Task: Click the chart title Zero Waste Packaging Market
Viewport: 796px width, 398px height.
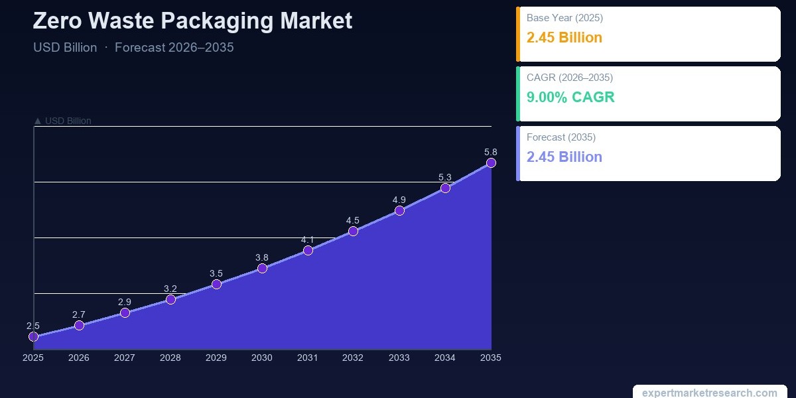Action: pyautogui.click(x=192, y=21)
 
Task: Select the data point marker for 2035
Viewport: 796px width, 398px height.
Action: pyautogui.click(x=491, y=163)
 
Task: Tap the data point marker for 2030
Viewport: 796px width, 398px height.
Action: pyautogui.click(x=262, y=268)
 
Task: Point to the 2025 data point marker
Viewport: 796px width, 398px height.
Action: pyautogui.click(x=33, y=337)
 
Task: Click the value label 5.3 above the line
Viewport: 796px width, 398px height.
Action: pyautogui.click(x=445, y=177)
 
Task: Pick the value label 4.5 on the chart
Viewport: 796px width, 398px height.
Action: pyautogui.click(x=353, y=220)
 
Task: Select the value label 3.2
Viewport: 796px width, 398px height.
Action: pyautogui.click(x=170, y=289)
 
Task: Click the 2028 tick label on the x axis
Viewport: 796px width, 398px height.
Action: pyautogui.click(x=170, y=358)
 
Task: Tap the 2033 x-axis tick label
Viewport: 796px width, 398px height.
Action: pyautogui.click(x=399, y=358)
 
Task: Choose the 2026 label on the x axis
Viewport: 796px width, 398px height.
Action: pyautogui.click(x=79, y=358)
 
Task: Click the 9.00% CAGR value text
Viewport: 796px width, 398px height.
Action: pyautogui.click(x=570, y=98)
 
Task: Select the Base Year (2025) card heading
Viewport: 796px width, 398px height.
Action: pyautogui.click(x=564, y=18)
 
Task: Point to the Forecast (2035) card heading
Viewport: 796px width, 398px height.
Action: pyautogui.click(x=561, y=137)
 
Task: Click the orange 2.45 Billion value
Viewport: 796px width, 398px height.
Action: pyautogui.click(x=564, y=38)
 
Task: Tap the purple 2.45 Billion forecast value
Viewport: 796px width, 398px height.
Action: pyautogui.click(x=564, y=157)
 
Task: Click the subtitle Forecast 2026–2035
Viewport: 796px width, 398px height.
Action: pyautogui.click(x=174, y=48)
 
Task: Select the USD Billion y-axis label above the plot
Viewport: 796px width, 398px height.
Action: pyautogui.click(x=62, y=121)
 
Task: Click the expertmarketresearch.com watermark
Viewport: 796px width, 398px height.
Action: pyautogui.click(x=710, y=393)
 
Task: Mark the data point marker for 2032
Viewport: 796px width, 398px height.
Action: pyautogui.click(x=353, y=232)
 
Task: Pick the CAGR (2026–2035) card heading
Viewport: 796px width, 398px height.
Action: pyautogui.click(x=570, y=78)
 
